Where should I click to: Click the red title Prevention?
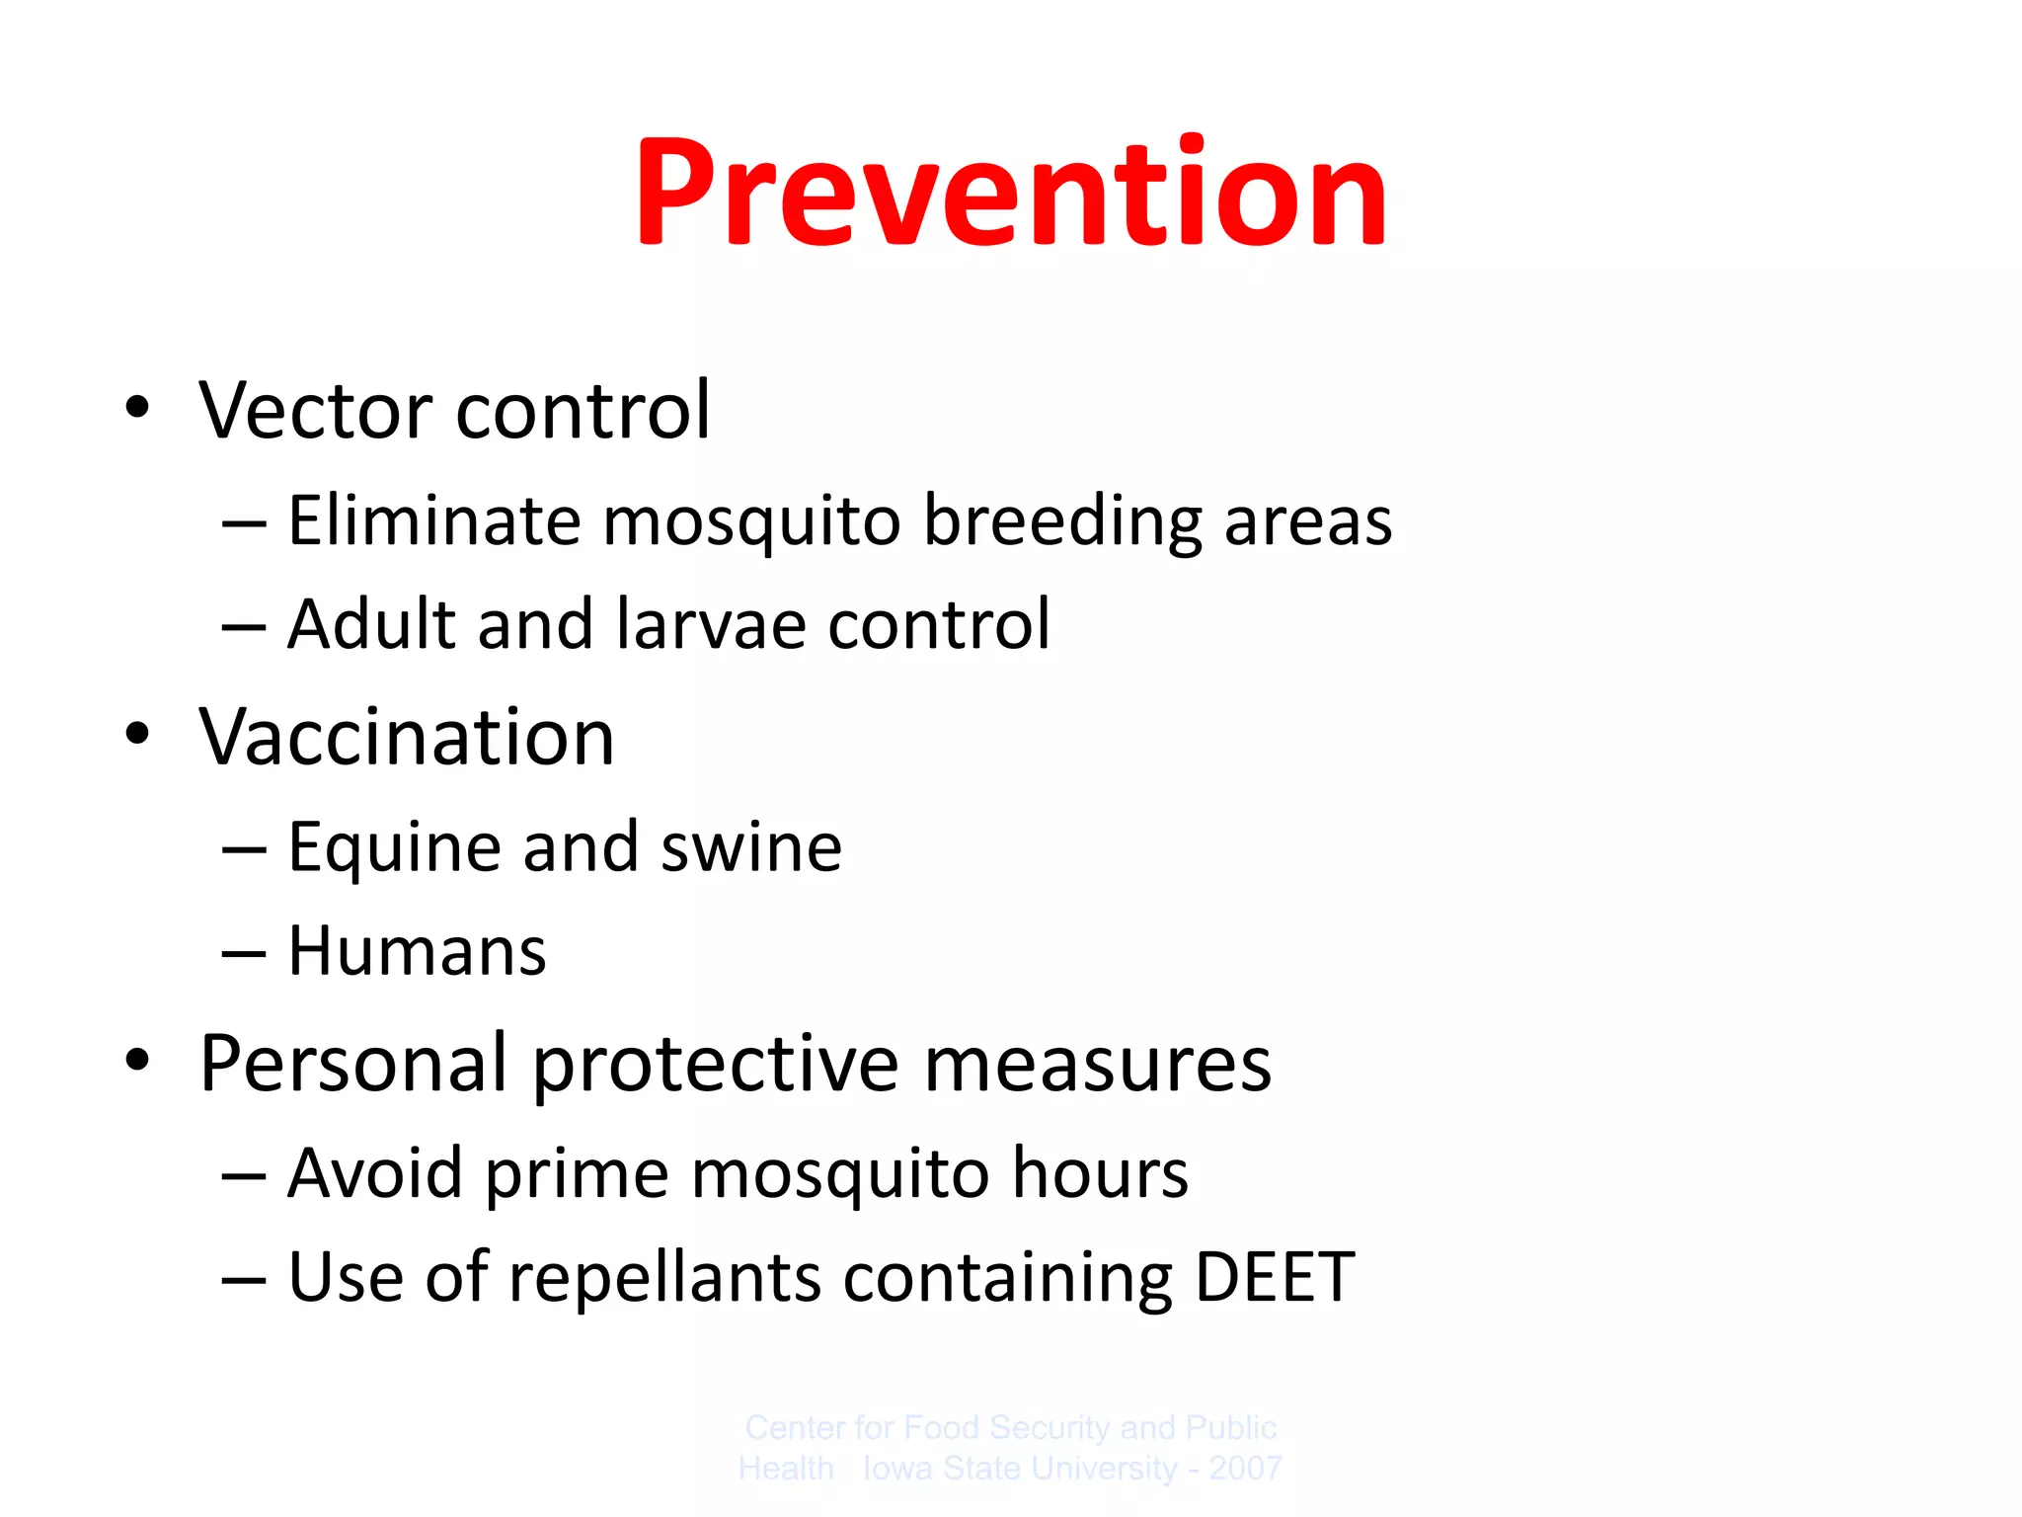[x=1011, y=193]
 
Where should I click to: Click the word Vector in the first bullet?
[x=315, y=410]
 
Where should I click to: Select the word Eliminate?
[x=433, y=520]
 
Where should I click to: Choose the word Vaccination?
[x=407, y=738]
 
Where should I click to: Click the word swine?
[x=750, y=847]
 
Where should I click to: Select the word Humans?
[x=417, y=952]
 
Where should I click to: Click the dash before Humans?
[x=244, y=954]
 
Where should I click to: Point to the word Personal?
[x=353, y=1065]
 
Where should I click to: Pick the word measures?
[x=1097, y=1065]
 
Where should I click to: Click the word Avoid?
[x=374, y=1173]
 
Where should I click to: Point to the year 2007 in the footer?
[x=1245, y=1469]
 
